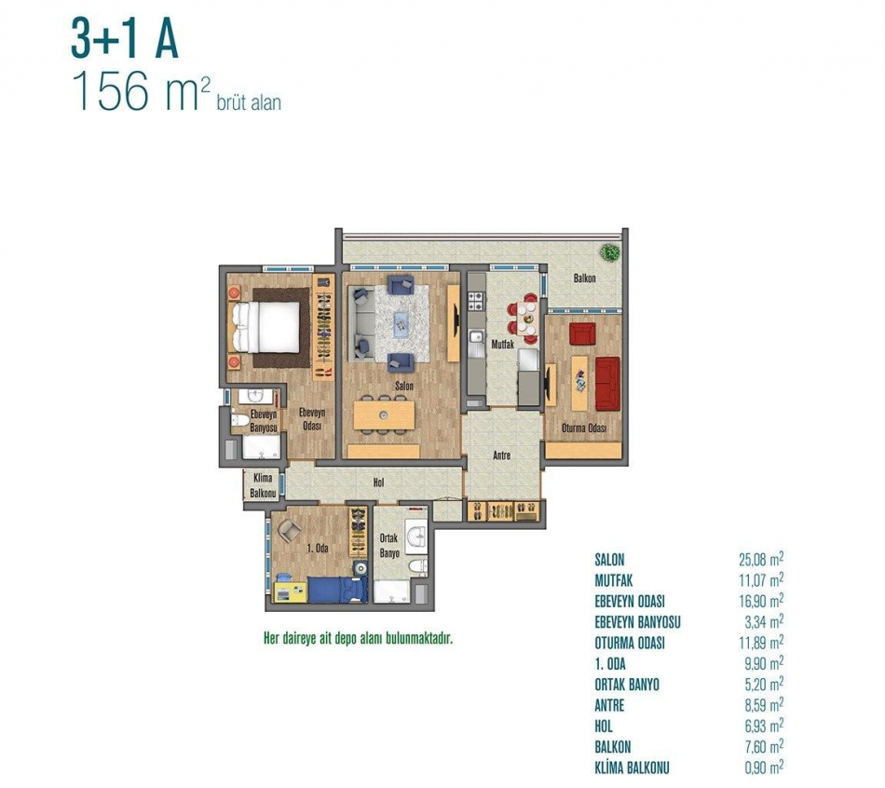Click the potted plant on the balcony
pos(608,252)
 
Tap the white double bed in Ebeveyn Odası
pos(266,326)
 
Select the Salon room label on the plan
pos(404,387)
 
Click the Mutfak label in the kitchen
pos(502,343)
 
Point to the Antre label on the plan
pos(502,455)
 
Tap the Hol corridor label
pos(379,482)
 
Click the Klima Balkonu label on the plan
pos(263,485)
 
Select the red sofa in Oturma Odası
pos(607,383)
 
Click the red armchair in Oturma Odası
pos(582,333)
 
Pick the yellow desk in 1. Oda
pos(290,590)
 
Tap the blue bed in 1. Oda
pos(337,590)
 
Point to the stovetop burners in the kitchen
pos(475,301)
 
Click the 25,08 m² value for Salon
pos(761,560)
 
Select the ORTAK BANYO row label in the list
pos(627,685)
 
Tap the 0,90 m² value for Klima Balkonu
pos(764,768)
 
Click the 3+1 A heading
pos(125,38)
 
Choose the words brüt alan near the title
pos(249,103)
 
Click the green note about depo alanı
pos(359,639)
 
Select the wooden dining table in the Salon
pos(384,415)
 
